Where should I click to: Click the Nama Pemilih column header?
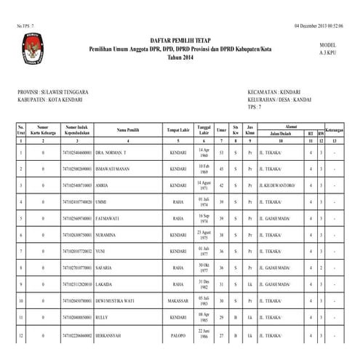(x=128, y=129)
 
